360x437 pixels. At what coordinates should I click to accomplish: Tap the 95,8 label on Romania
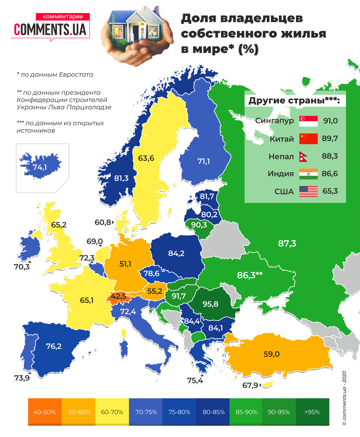pos(210,304)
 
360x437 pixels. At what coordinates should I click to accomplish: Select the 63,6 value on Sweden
pos(146,158)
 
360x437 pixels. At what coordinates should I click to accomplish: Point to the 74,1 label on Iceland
pos(40,167)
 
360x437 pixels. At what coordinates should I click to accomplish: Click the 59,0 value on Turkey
pos(271,354)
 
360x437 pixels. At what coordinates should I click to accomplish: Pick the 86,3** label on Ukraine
pos(250,275)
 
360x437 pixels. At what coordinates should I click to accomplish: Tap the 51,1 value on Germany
pos(125,264)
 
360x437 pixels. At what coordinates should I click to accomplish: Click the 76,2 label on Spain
pos(54,346)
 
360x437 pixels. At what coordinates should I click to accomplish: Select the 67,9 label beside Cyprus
pos(250,385)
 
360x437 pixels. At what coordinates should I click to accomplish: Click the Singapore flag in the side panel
pos(308,121)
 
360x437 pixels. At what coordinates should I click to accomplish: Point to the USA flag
pos(308,191)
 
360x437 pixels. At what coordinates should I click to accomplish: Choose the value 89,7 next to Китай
pos(330,139)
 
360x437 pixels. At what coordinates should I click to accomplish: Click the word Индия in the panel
pos(281,174)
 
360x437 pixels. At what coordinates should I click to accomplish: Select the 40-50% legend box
pos(45,412)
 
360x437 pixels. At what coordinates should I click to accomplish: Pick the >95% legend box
pos(312,412)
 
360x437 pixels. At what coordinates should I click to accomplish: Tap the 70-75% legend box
pos(145,412)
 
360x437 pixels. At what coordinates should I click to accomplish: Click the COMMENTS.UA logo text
pos(50,30)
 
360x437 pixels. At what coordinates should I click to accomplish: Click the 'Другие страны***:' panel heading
pos(294,101)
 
